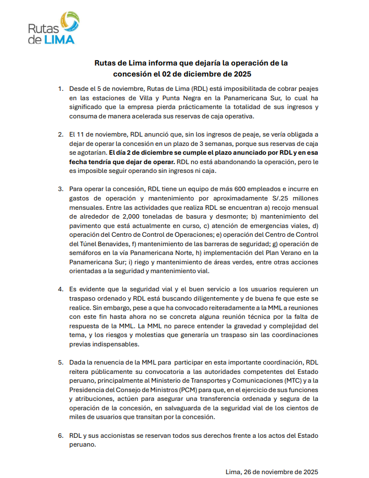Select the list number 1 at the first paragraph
(61, 88)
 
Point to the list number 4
(61, 289)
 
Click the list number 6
(61, 435)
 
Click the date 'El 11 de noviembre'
(97, 134)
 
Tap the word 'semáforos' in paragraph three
(86, 252)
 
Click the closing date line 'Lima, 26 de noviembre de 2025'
(272, 471)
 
